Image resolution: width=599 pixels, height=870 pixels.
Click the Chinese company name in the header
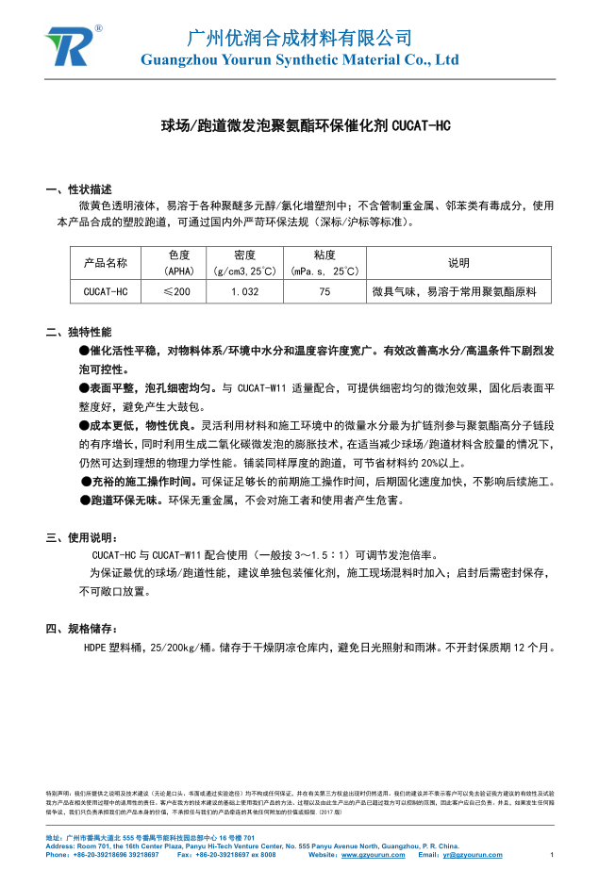click(x=299, y=38)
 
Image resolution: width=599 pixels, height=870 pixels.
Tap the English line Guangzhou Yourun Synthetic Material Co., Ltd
click(x=299, y=59)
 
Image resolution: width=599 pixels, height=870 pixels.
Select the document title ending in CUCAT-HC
click(x=299, y=125)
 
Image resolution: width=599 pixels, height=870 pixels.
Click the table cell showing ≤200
click(x=176, y=292)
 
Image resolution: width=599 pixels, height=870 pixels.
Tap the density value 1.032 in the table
click(x=244, y=292)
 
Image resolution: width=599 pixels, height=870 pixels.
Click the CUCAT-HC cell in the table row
click(x=105, y=292)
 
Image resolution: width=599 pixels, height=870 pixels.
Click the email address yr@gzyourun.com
click(x=473, y=855)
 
